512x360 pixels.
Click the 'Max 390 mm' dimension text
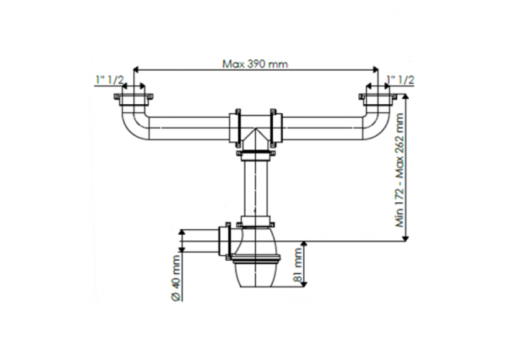coord(255,63)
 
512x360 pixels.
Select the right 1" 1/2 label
coord(400,80)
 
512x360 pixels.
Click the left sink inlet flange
coord(134,99)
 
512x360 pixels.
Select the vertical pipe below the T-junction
coord(255,185)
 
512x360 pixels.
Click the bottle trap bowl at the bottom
coord(255,271)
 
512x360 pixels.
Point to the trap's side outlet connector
coord(225,240)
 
